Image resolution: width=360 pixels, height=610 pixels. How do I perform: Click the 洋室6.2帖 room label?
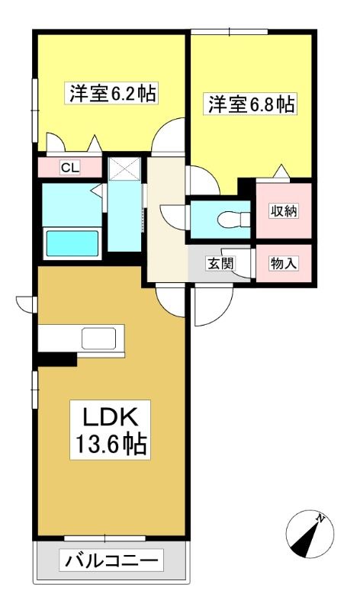(x=113, y=93)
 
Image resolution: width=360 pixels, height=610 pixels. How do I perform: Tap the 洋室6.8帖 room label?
(x=250, y=104)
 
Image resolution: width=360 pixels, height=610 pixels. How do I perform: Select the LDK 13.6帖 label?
(x=110, y=429)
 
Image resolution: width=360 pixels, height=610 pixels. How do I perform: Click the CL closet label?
(x=70, y=168)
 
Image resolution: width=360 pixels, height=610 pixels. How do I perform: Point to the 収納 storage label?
(x=284, y=211)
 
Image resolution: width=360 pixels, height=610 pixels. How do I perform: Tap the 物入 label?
(x=284, y=264)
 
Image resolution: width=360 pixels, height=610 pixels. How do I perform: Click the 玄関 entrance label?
(x=220, y=264)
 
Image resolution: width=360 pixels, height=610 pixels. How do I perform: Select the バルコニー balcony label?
(x=111, y=560)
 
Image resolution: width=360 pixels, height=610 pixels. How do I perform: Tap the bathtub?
(x=72, y=243)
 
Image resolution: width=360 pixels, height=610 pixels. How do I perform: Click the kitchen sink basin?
(x=99, y=338)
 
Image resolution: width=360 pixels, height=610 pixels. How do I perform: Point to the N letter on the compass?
(x=320, y=518)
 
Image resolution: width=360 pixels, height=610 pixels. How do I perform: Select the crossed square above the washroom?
(x=124, y=169)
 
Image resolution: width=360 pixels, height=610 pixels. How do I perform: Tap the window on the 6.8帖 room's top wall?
(x=230, y=31)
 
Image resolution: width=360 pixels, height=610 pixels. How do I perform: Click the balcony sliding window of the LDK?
(x=104, y=538)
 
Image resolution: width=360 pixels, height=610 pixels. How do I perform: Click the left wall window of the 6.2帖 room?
(x=34, y=111)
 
